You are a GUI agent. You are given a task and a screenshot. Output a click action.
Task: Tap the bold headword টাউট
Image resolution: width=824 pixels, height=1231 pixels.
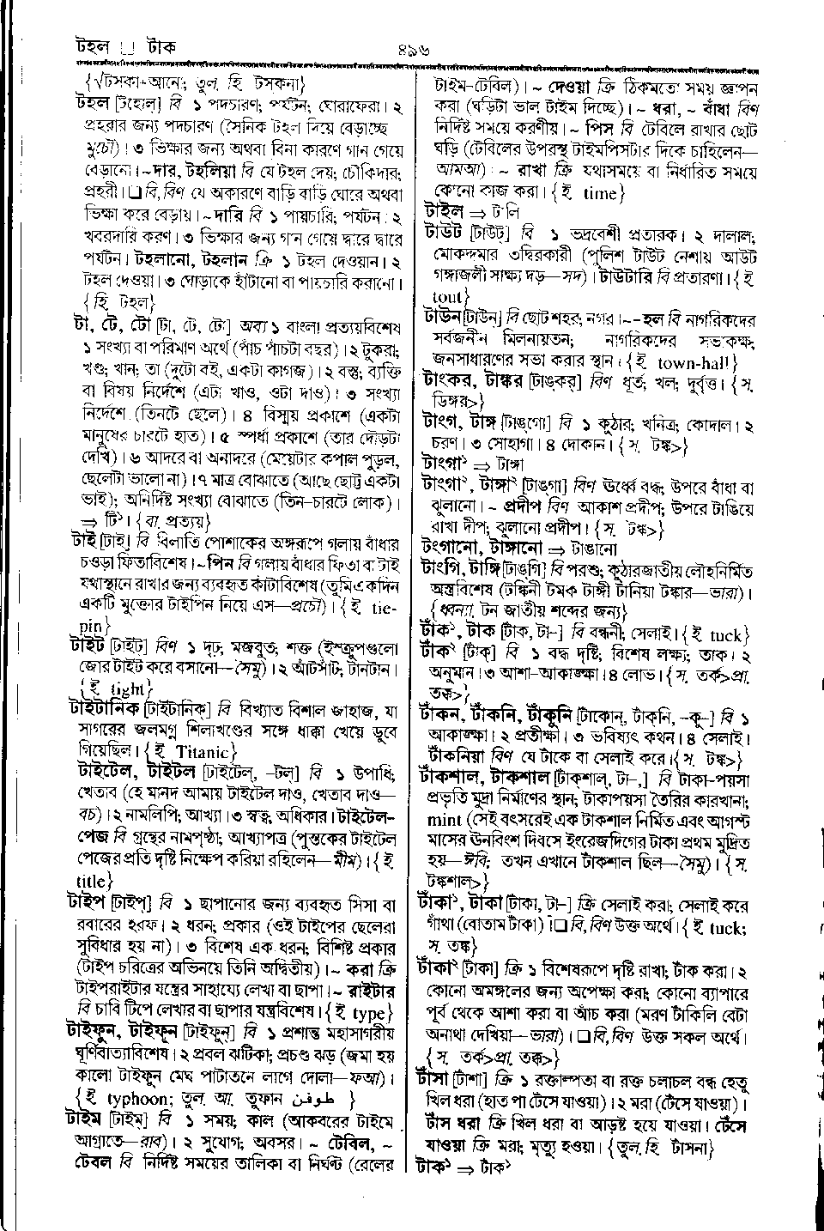pos(443,232)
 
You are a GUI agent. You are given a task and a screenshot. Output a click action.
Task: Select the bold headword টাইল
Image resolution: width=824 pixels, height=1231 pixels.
pos(444,211)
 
